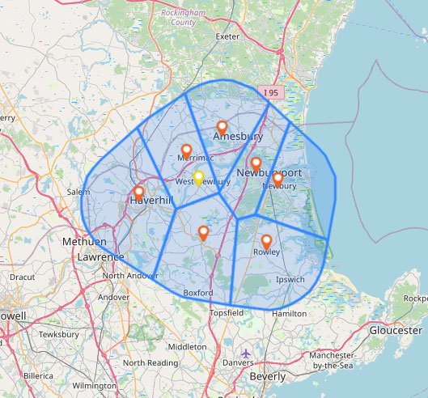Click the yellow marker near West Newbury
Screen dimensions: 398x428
pyautogui.click(x=198, y=177)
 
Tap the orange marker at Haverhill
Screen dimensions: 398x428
pyautogui.click(x=138, y=193)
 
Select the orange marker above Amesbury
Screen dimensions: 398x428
pyautogui.click(x=222, y=127)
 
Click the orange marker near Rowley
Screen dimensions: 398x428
pyautogui.click(x=266, y=241)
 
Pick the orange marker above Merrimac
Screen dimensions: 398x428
pyautogui.click(x=186, y=150)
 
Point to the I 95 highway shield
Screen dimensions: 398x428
pyautogui.click(x=271, y=93)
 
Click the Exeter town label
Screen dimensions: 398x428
pyautogui.click(x=227, y=36)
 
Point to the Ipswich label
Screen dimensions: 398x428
pyautogui.click(x=290, y=279)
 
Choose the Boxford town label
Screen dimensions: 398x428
pyautogui.click(x=198, y=293)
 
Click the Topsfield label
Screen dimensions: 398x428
pyautogui.click(x=225, y=312)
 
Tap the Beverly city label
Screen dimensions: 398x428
pyautogui.click(x=268, y=376)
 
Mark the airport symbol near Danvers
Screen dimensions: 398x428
pyautogui.click(x=247, y=354)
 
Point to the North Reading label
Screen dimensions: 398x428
pyautogui.click(x=146, y=362)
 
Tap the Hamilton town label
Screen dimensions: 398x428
pyautogui.click(x=290, y=312)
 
